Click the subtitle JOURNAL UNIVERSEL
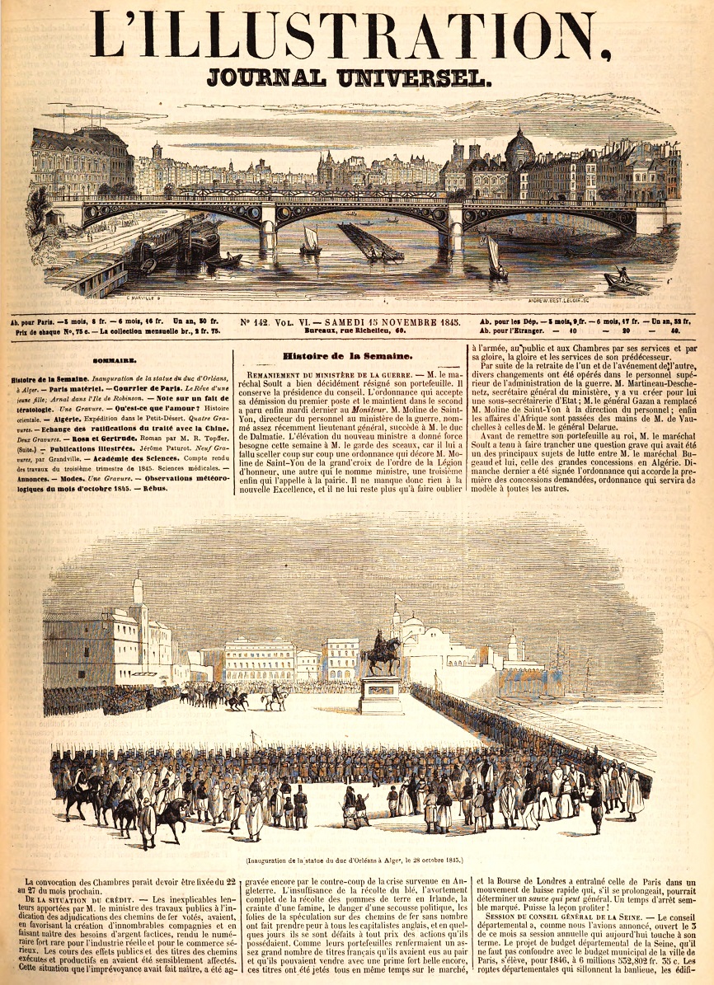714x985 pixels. [350, 78]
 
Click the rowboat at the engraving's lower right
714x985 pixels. [626, 282]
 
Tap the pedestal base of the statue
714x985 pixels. [382, 696]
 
